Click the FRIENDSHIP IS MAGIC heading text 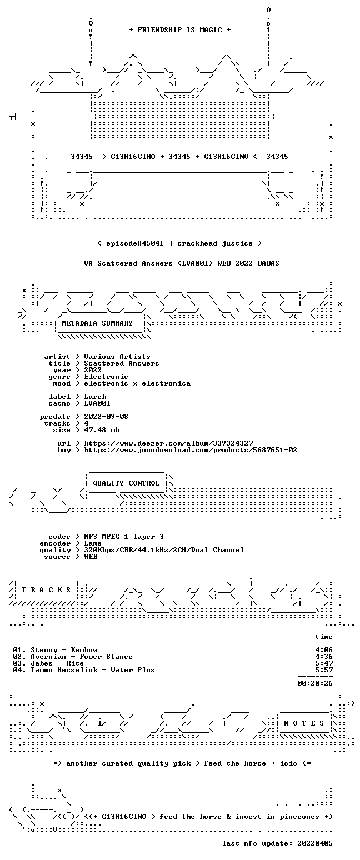coord(179,30)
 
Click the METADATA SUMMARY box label coord(97,323)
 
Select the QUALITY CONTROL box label coord(126,483)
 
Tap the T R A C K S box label coord(47,590)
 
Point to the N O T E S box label coord(304,723)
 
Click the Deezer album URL coord(168,443)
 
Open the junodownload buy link coord(191,450)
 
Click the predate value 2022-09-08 coord(106,417)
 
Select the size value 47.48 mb coord(102,430)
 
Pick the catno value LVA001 coord(97,403)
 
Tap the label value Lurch coord(95,397)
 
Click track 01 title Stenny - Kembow coord(64,650)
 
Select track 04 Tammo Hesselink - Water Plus coord(92,670)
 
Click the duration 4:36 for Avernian coord(324,657)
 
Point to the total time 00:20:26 coord(315,683)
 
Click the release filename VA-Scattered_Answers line coord(182,263)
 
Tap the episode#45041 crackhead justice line coord(179,243)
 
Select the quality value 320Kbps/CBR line coord(164,550)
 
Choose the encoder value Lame coord(93,543)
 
